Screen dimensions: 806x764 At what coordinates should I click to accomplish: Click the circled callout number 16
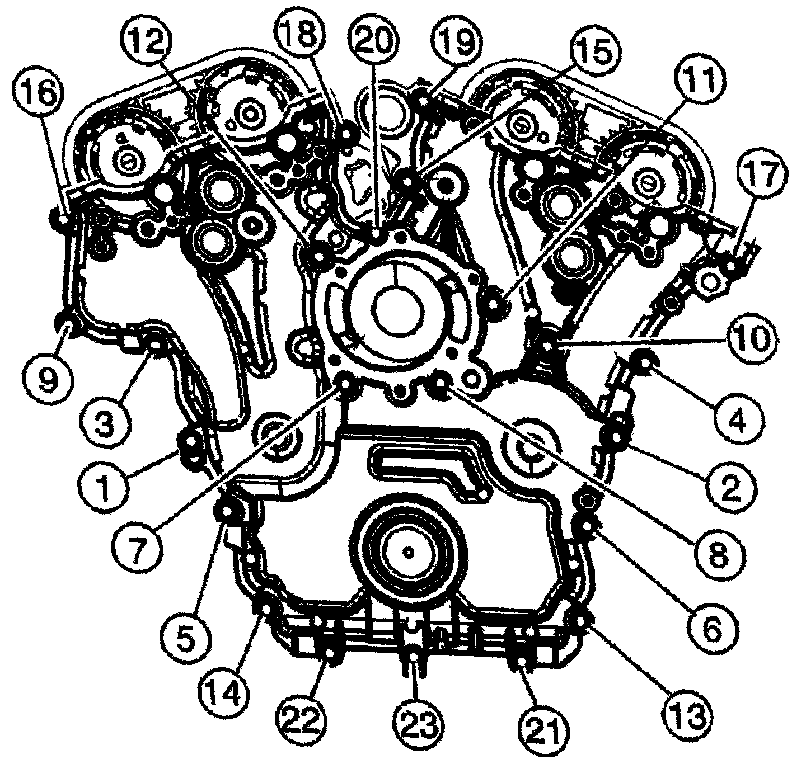pos(39,94)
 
